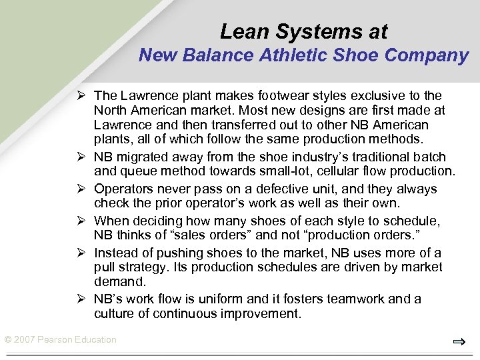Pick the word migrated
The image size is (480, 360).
(x=144, y=158)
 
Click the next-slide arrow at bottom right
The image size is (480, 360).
(x=459, y=343)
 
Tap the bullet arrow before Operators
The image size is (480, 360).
(x=83, y=189)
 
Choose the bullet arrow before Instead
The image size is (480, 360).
(x=83, y=253)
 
